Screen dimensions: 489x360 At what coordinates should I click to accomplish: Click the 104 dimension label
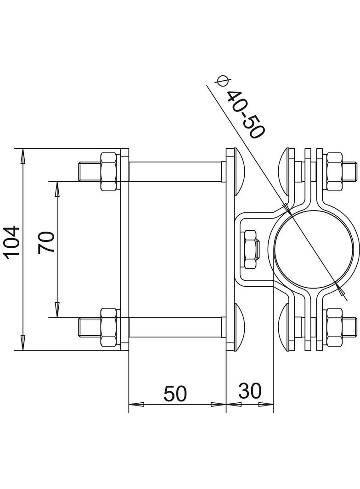click(x=12, y=242)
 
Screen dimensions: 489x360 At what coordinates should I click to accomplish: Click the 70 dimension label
click(x=47, y=242)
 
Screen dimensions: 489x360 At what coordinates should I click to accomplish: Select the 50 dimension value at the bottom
click(x=176, y=393)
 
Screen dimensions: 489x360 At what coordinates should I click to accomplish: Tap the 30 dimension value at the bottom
click(x=250, y=391)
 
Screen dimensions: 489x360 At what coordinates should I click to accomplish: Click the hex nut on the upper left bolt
click(x=108, y=172)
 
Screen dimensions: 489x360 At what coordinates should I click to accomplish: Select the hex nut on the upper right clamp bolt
click(x=334, y=172)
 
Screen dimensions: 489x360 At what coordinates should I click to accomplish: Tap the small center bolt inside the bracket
click(x=251, y=249)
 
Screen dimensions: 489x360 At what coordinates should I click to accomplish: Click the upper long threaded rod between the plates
click(x=177, y=172)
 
